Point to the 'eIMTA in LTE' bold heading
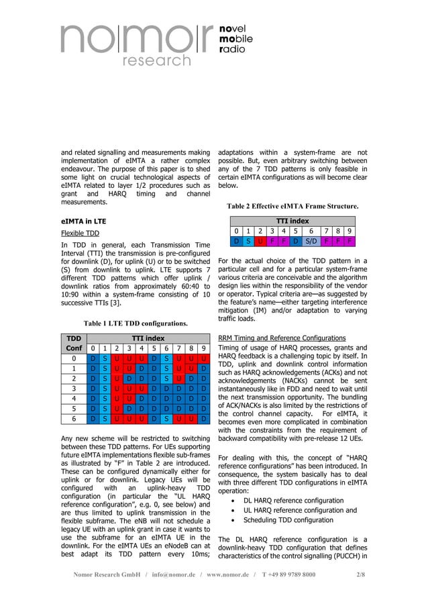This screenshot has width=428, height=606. click(x=83, y=219)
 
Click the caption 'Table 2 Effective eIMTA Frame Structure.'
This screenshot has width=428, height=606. click(x=292, y=205)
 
